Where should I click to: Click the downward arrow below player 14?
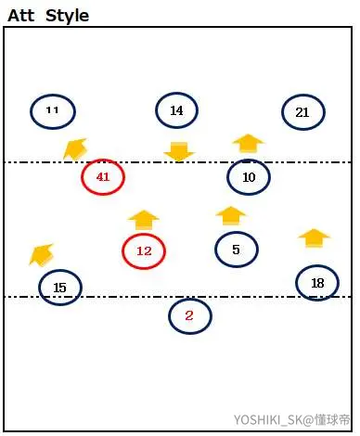(179, 152)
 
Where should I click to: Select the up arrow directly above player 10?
(249, 144)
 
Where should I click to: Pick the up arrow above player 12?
(144, 220)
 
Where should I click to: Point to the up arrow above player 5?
(231, 216)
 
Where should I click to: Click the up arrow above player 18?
(315, 238)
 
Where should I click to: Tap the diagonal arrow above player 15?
(42, 255)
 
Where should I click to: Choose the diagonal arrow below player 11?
(75, 149)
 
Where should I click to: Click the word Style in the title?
(68, 16)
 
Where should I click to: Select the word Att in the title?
(21, 16)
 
